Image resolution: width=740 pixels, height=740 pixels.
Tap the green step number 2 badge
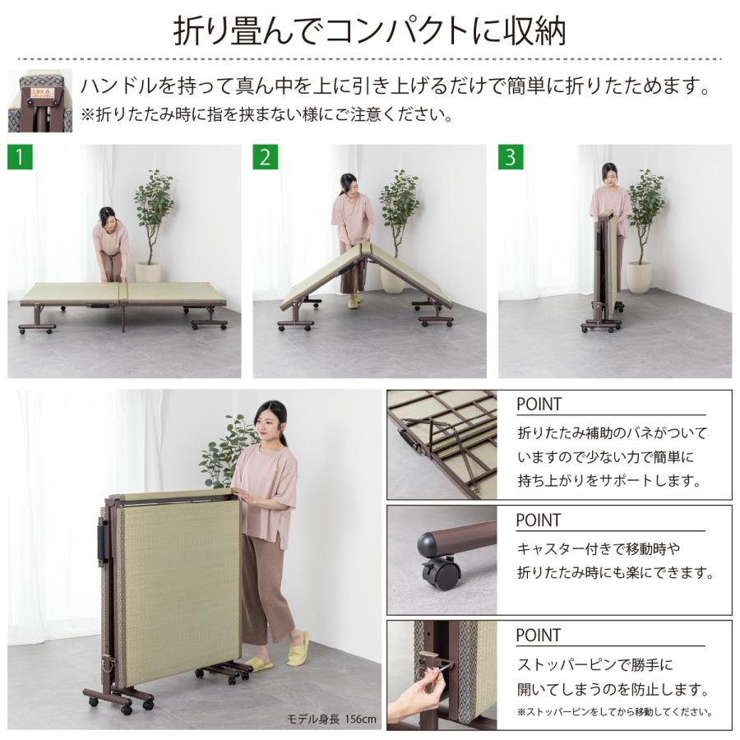point(264,156)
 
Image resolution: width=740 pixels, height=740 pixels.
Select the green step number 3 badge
point(510,156)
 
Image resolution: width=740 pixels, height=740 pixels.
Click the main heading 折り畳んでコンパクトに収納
point(369,31)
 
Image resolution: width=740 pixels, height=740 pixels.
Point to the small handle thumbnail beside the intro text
point(39,99)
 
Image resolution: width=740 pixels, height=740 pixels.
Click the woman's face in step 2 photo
point(348,184)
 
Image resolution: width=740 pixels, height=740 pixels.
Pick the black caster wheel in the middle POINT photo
point(441,572)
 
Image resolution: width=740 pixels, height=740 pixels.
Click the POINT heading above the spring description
point(539,405)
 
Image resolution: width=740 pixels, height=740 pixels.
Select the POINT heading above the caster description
point(539,520)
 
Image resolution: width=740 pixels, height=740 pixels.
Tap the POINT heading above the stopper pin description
point(539,636)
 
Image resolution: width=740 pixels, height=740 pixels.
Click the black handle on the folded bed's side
point(103,543)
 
